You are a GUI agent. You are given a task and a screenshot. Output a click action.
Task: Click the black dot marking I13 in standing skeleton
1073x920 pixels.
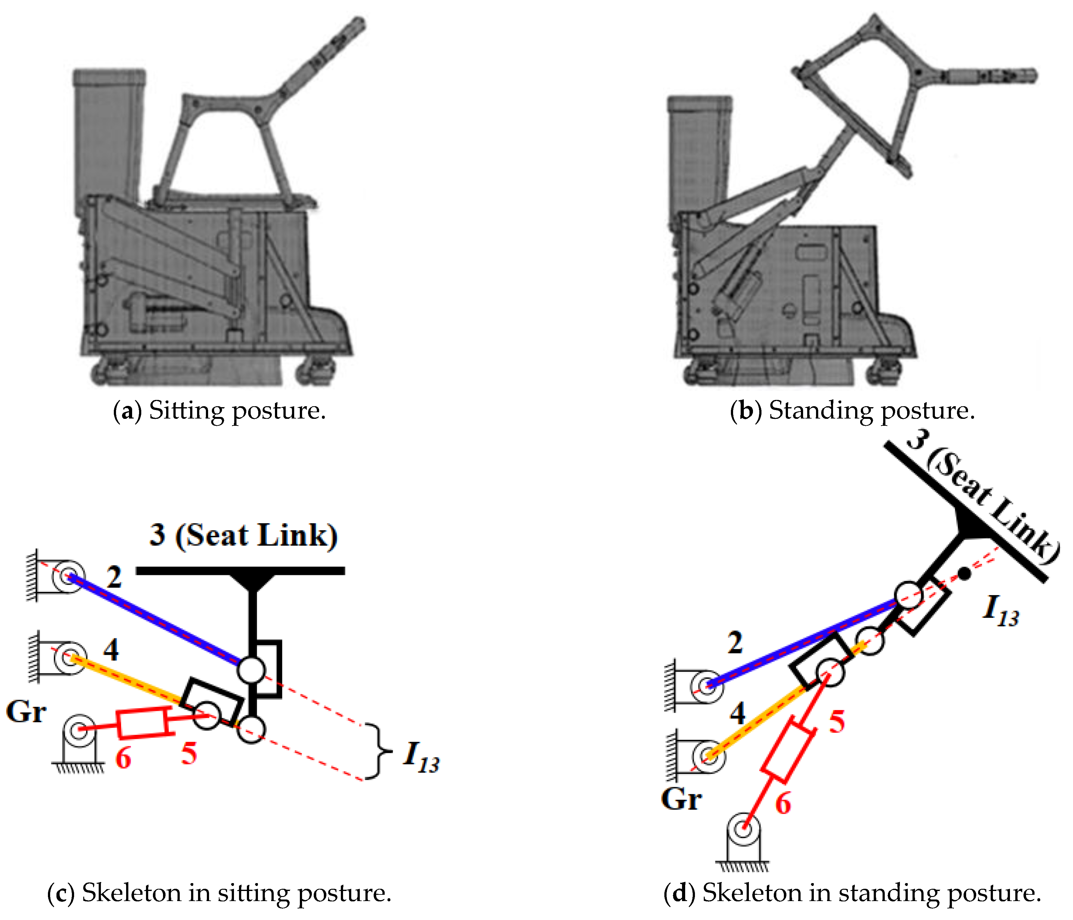[x=964, y=573]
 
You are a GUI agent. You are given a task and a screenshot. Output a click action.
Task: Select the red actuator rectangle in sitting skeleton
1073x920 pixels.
[x=143, y=723]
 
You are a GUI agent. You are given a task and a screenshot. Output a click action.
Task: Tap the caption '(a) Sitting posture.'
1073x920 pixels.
[x=219, y=411]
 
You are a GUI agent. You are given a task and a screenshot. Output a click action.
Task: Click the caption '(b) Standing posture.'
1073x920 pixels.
[x=852, y=411]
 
